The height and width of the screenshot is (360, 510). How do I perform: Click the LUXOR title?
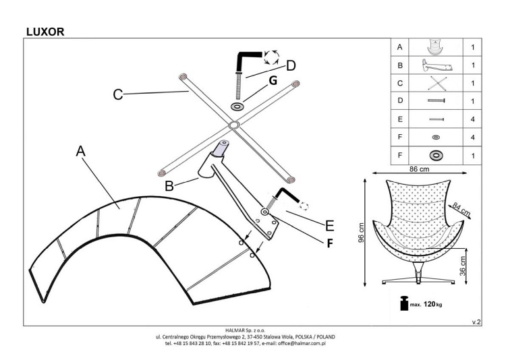pyautogui.click(x=45, y=30)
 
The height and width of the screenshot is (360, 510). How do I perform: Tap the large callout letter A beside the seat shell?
pyautogui.click(x=81, y=152)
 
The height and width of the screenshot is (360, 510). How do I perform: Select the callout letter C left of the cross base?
pyautogui.click(x=118, y=95)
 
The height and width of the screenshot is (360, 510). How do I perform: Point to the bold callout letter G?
pyautogui.click(x=273, y=80)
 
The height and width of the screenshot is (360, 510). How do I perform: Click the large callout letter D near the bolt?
pyautogui.click(x=291, y=65)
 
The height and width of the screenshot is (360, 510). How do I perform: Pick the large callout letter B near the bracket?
pyautogui.click(x=169, y=185)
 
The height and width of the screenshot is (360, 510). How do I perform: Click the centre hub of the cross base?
pyautogui.click(x=233, y=125)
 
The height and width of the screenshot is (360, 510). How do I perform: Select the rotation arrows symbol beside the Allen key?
pyautogui.click(x=271, y=57)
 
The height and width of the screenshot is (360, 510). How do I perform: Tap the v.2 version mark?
pyautogui.click(x=476, y=322)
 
